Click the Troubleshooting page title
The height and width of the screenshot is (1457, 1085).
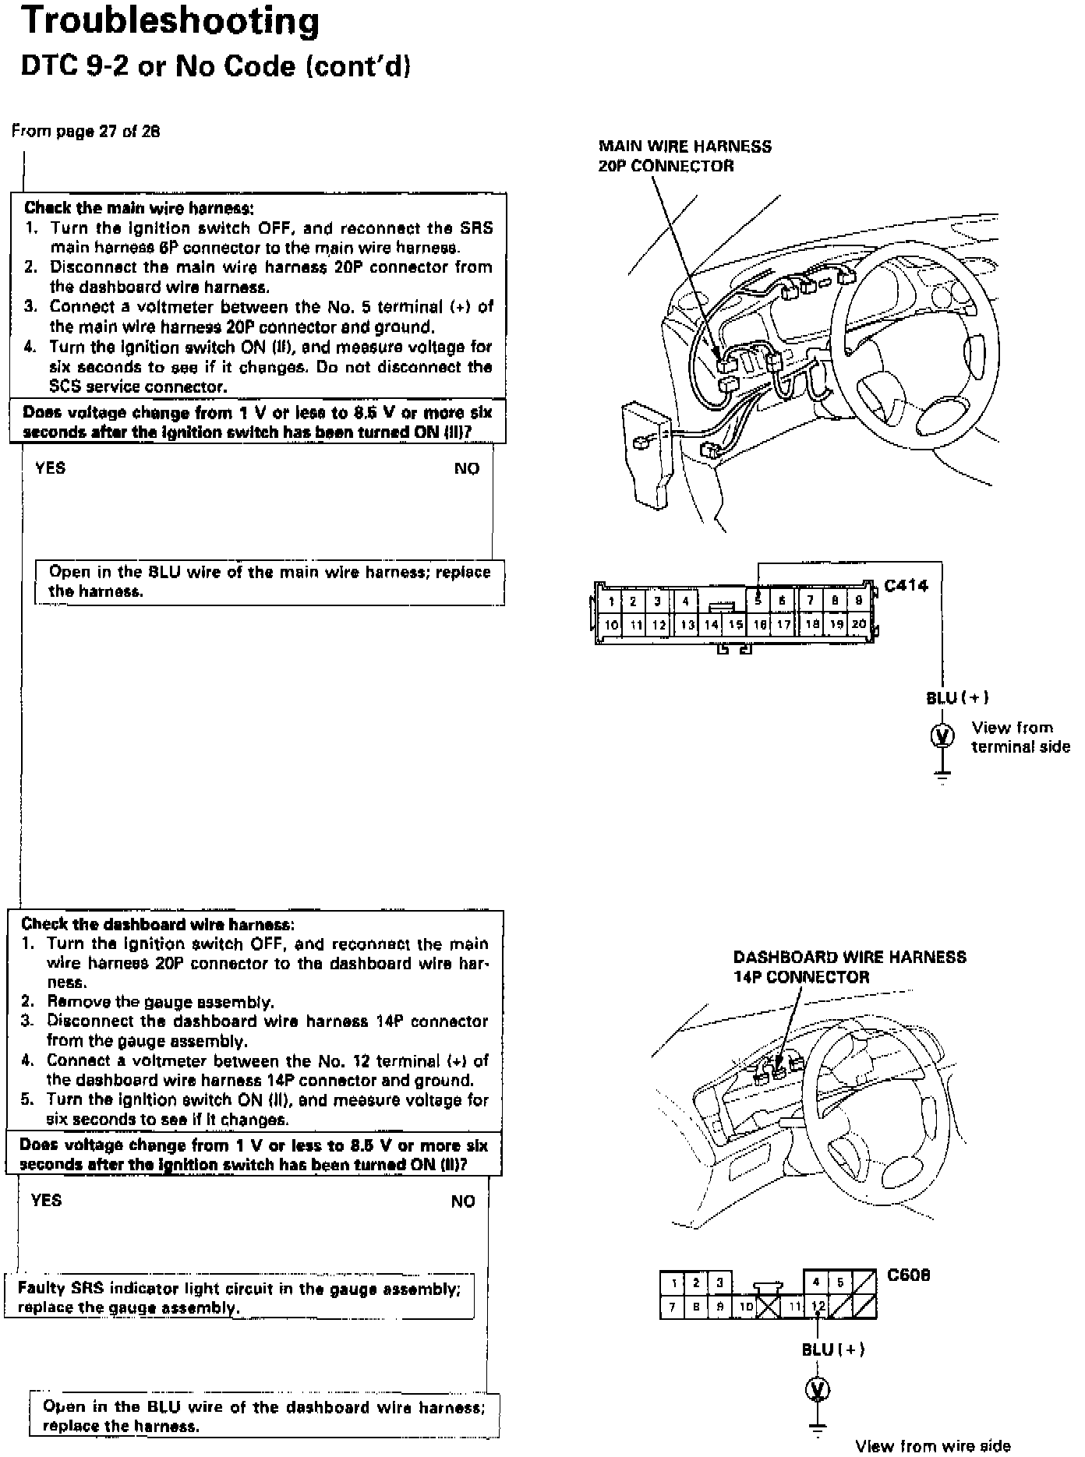point(170,22)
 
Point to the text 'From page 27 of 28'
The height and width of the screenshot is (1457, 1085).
point(86,132)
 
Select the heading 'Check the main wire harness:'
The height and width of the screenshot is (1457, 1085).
point(139,208)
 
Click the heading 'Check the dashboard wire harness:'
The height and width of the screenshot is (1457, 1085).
point(157,924)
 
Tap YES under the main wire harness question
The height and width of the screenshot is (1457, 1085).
point(51,468)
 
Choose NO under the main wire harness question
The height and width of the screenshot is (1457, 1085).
point(466,468)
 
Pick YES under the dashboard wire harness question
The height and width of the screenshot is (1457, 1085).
point(46,1201)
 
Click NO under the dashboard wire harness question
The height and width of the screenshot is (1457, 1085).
point(462,1201)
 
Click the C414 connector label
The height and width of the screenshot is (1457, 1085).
point(906,586)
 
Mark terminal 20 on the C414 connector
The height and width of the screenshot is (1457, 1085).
point(858,624)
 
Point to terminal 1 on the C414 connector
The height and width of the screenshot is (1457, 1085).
point(612,601)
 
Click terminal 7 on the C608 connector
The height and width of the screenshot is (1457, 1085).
point(671,1306)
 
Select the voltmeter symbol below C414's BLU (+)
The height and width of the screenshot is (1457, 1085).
point(942,735)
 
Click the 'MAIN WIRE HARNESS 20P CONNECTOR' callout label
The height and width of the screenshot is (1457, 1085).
point(684,156)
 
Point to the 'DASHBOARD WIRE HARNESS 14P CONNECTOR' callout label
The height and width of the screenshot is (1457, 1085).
point(850,967)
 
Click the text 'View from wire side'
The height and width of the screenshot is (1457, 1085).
point(932,1446)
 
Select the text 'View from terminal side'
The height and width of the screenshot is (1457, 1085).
point(1020,737)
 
